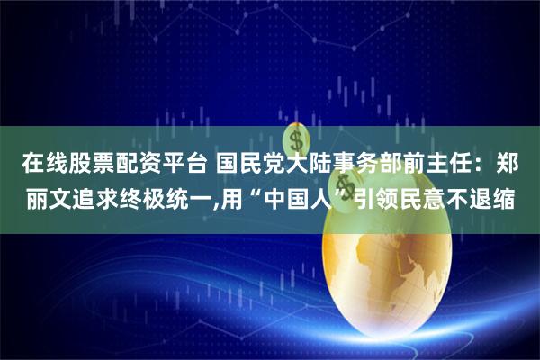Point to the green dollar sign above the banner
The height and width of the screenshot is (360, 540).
click(293, 140)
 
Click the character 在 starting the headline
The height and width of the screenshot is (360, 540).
click(32, 165)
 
